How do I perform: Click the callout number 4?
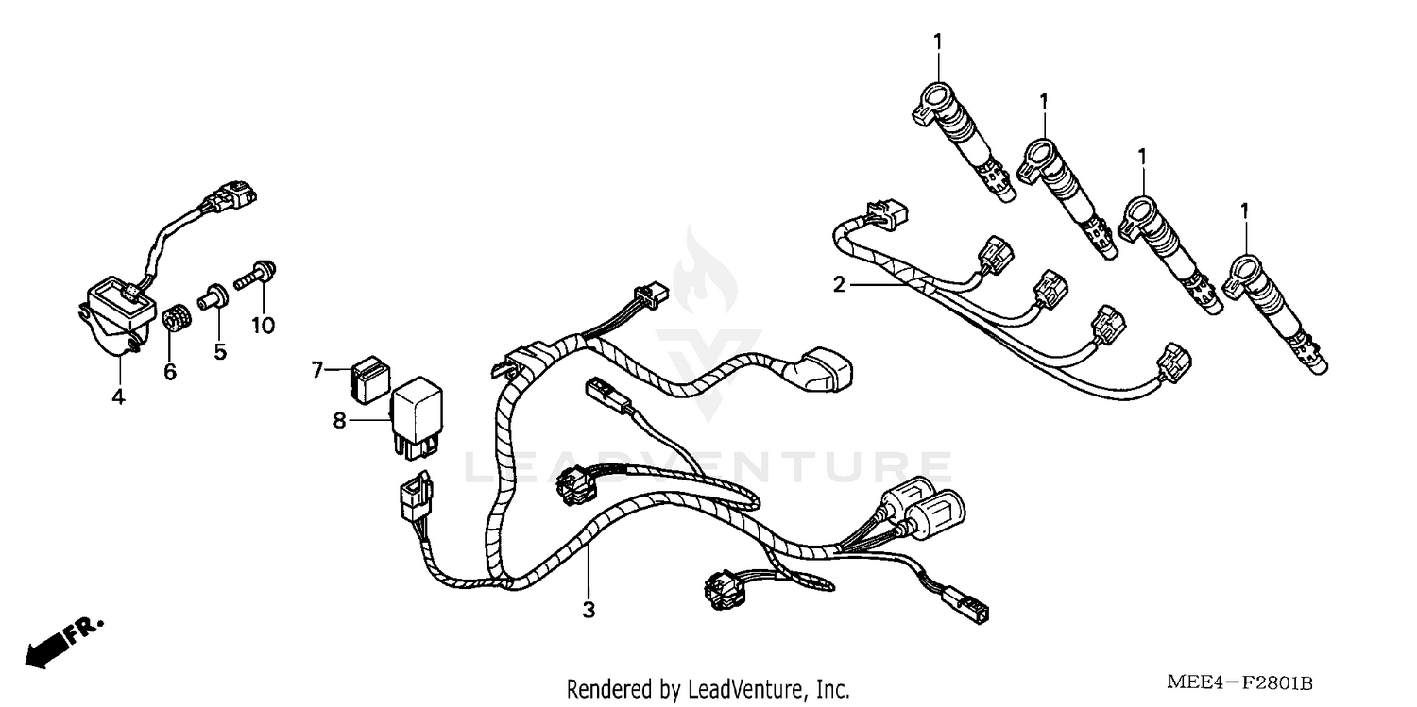pos(118,397)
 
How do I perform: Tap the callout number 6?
pos(170,373)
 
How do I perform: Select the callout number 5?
pos(220,351)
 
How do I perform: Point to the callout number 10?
pos(263,326)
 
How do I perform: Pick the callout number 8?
pos(340,422)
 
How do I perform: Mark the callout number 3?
pos(589,610)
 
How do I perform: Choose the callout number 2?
pos(838,283)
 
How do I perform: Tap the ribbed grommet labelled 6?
pos(173,318)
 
